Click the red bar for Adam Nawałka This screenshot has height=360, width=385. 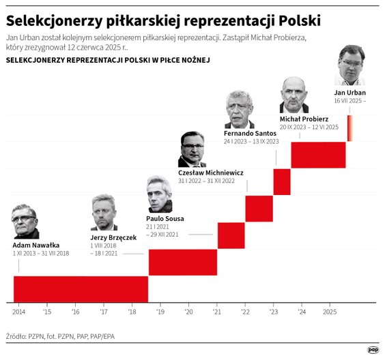click(81, 288)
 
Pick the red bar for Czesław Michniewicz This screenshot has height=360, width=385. click(259, 209)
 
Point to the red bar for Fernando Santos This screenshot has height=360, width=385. click(283, 181)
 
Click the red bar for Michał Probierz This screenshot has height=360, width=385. click(318, 155)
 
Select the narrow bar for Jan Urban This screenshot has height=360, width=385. click(350, 128)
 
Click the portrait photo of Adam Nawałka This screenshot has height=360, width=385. click(25, 222)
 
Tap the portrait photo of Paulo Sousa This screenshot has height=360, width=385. click(159, 195)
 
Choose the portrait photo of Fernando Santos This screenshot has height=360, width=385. click(240, 109)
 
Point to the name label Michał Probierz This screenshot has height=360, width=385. click(304, 119)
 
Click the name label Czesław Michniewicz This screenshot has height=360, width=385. click(211, 172)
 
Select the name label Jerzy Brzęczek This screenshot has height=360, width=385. click(113, 237)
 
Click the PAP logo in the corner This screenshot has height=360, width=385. click(373, 349)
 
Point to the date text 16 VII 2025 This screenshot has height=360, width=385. click(350, 101)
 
